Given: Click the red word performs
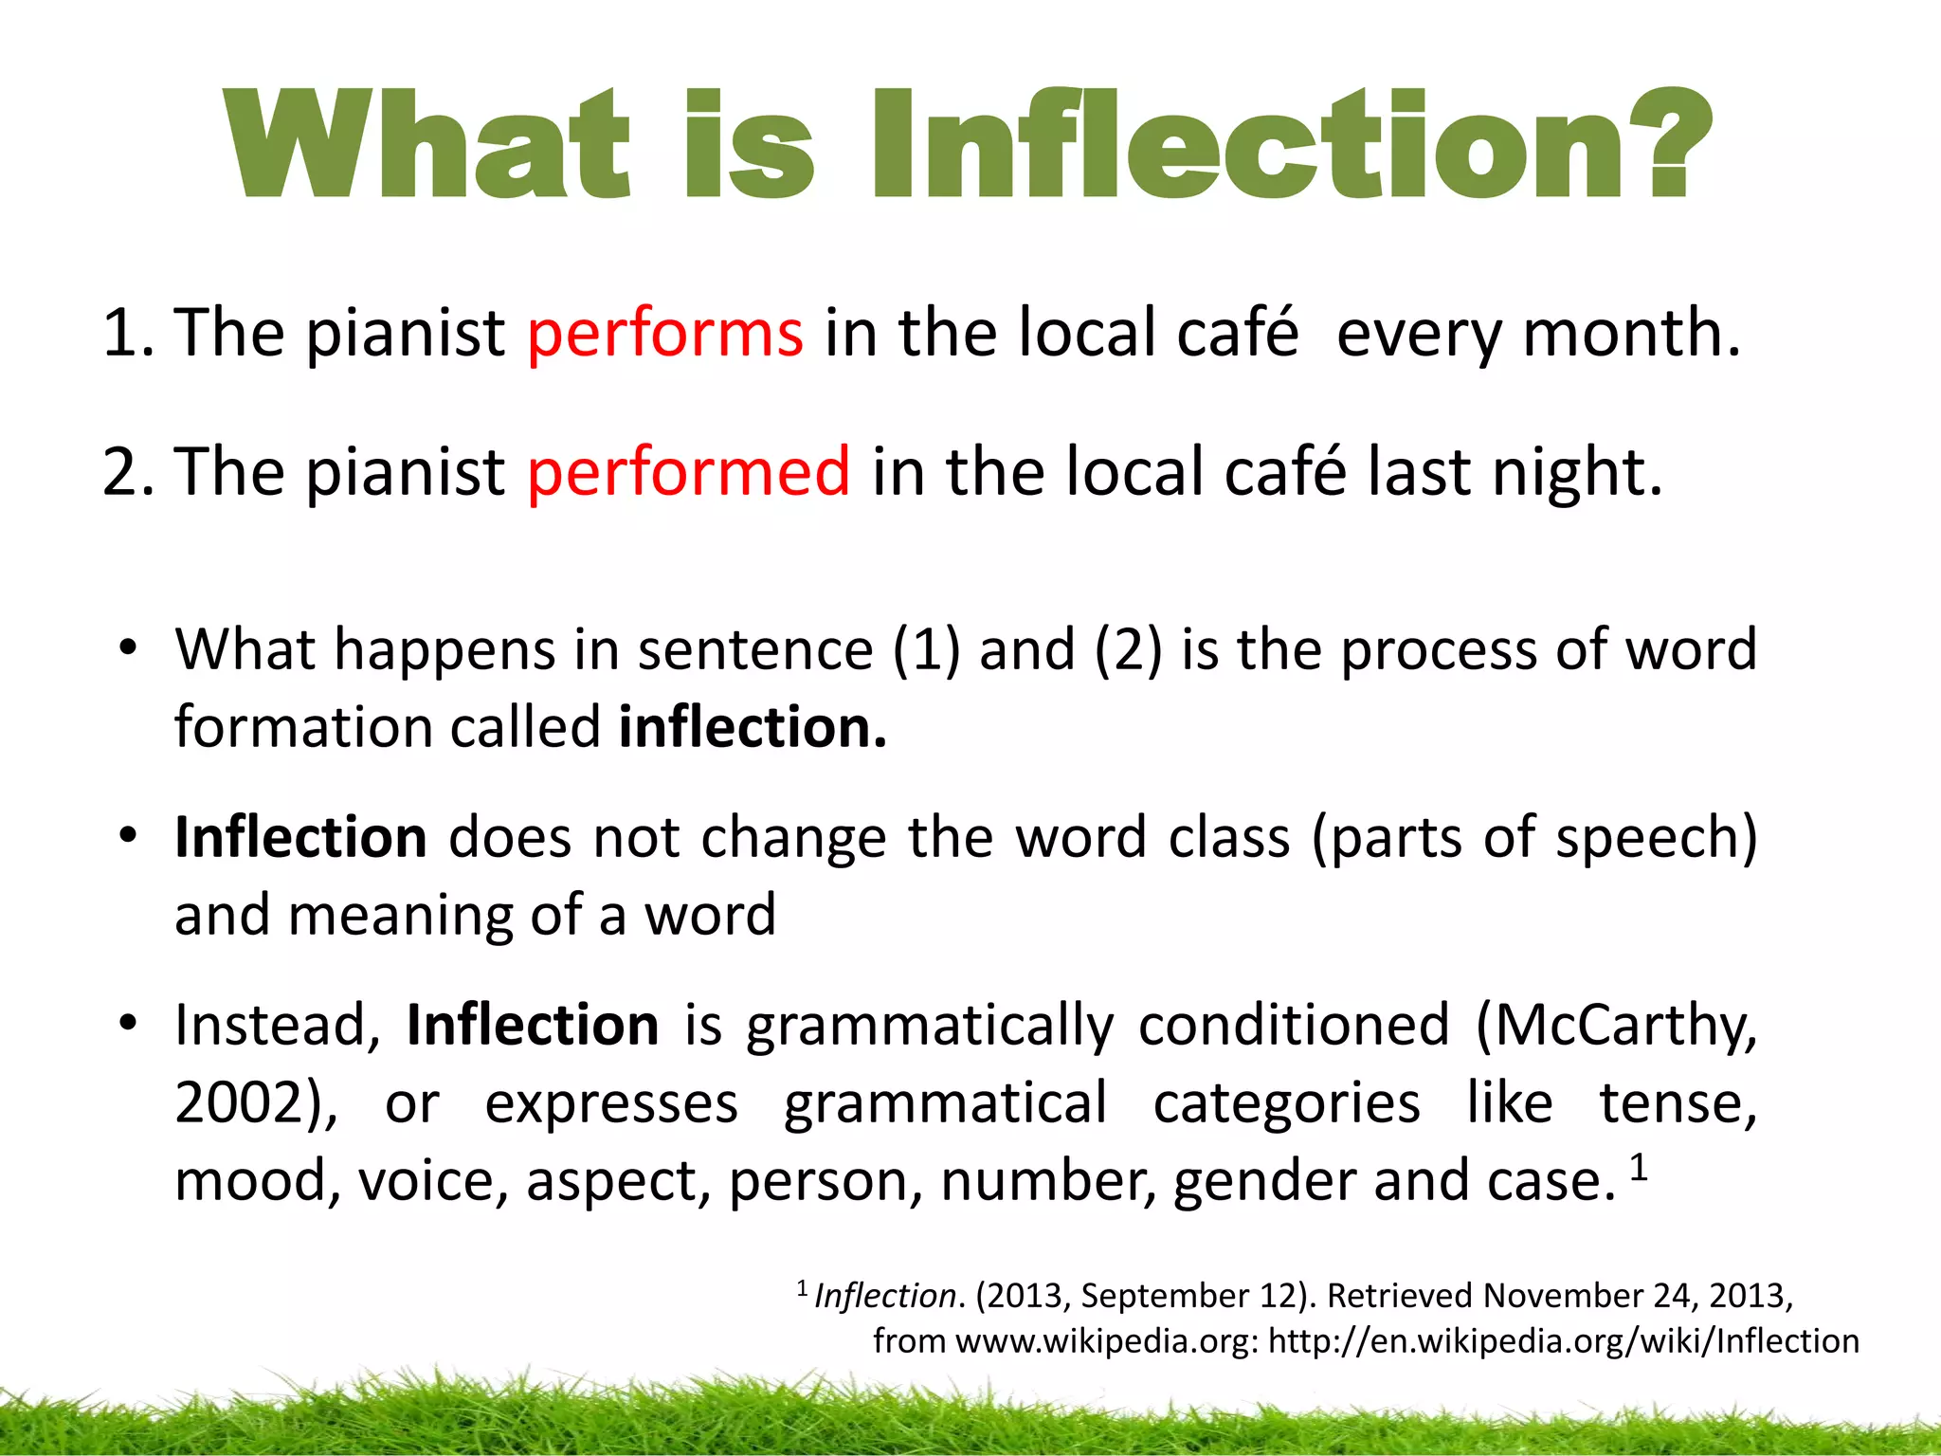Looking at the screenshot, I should [665, 334].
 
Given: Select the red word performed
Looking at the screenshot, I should [689, 472].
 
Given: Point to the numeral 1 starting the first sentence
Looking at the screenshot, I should [121, 334].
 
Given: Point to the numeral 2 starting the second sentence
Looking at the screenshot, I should [121, 472].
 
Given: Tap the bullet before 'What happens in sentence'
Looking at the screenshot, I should [129, 650].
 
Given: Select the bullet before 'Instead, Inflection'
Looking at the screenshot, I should [129, 1025].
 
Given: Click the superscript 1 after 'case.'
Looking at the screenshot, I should [1639, 1168].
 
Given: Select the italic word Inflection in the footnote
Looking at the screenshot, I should [885, 1296].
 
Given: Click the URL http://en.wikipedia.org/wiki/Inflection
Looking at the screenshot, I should [1563, 1341].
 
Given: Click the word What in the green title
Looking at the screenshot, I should [426, 144].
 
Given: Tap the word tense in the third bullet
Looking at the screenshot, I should [1678, 1104].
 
